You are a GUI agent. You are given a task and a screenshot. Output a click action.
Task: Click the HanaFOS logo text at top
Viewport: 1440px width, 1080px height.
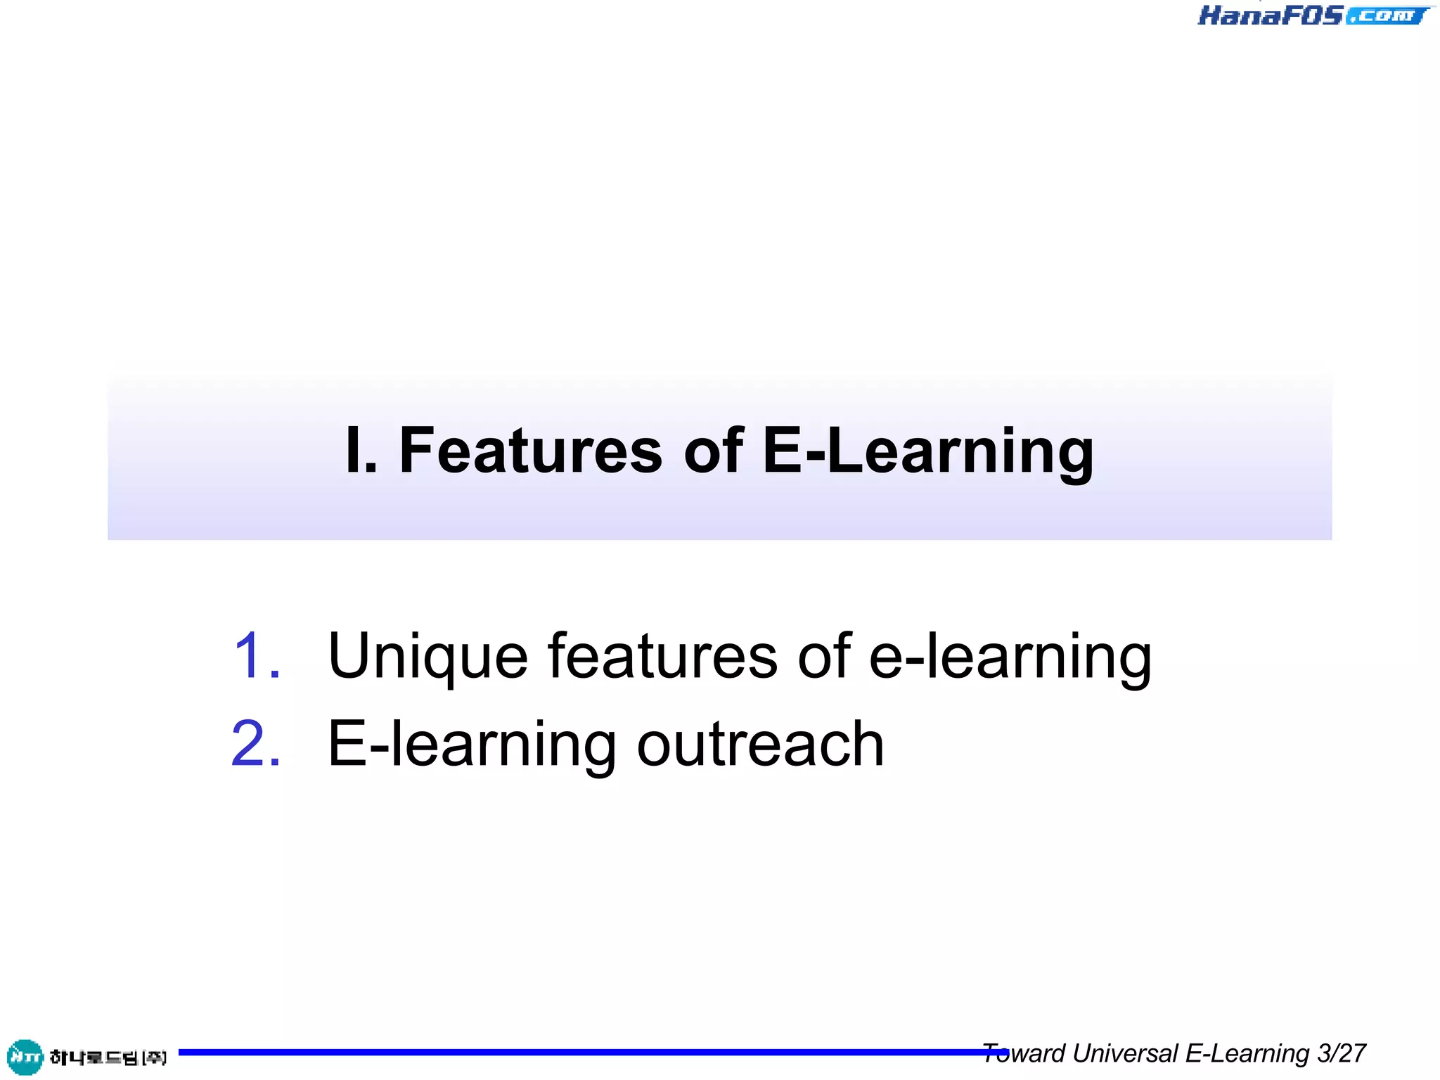[1270, 15]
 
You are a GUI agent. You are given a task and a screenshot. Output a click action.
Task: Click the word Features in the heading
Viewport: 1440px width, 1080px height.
[531, 451]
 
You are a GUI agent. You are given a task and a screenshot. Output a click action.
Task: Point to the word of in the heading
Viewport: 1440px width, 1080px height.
[713, 451]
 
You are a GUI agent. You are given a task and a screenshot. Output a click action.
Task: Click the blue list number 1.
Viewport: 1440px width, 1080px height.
[257, 656]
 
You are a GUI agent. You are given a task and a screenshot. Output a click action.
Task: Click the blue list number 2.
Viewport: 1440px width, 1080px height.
[257, 744]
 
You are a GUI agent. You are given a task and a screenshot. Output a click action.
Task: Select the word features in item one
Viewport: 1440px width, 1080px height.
[662, 656]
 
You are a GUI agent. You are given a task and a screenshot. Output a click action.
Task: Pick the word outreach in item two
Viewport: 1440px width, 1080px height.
[760, 744]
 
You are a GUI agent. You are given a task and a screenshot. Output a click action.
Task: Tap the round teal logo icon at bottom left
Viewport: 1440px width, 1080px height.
[25, 1057]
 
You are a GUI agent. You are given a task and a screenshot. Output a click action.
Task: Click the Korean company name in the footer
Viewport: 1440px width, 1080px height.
[108, 1057]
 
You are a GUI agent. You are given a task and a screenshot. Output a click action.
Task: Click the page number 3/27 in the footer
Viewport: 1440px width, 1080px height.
[1342, 1053]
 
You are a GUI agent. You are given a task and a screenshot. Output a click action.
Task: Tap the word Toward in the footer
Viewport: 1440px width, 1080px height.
[1024, 1053]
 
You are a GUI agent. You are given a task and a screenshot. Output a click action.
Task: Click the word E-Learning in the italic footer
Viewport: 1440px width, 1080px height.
[1247, 1054]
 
